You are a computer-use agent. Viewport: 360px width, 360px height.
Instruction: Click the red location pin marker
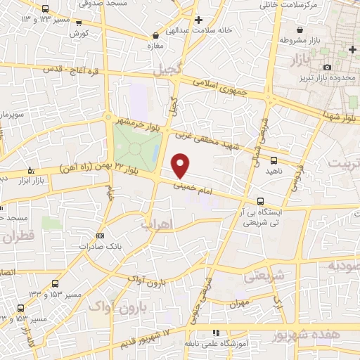[x=181, y=165]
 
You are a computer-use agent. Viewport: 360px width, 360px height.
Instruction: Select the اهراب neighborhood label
[x=157, y=224]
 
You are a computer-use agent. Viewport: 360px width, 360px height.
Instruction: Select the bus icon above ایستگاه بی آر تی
[x=261, y=201]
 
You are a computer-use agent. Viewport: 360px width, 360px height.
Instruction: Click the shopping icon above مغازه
[x=155, y=34]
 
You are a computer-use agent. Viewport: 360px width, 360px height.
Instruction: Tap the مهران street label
[x=239, y=304]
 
